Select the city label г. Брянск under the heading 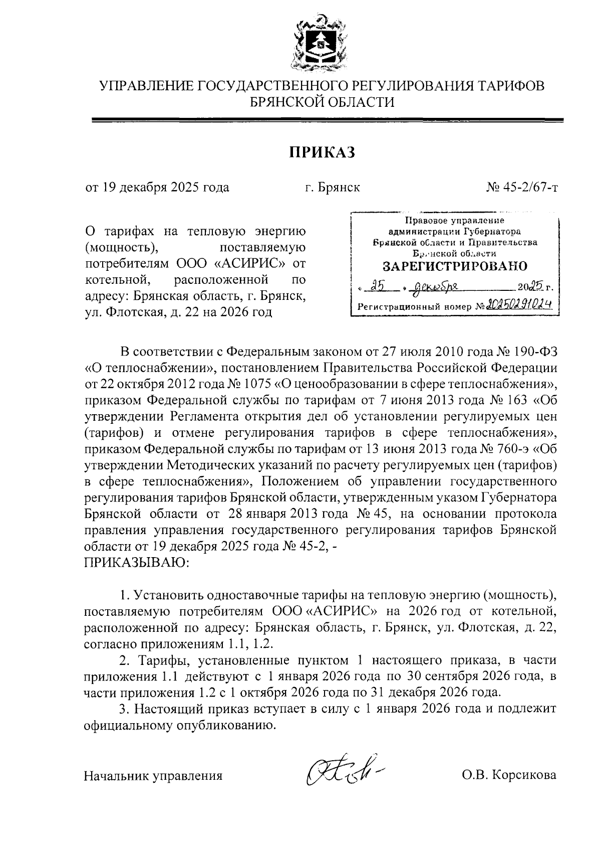pos(333,188)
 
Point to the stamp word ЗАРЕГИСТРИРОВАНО pos(455,265)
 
